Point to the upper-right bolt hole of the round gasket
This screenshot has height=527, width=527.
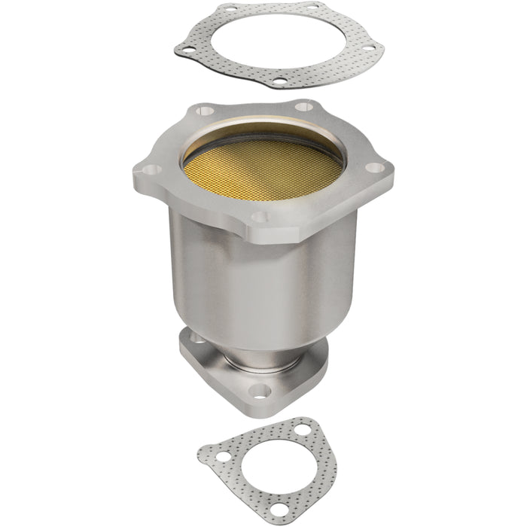pyautogui.click(x=312, y=10)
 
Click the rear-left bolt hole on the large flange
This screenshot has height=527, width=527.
pyautogui.click(x=201, y=111)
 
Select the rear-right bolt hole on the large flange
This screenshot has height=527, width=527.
pyautogui.click(x=306, y=107)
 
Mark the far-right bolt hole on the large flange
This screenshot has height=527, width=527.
pyautogui.click(x=374, y=168)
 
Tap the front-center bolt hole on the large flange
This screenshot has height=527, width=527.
pyautogui.click(x=259, y=217)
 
